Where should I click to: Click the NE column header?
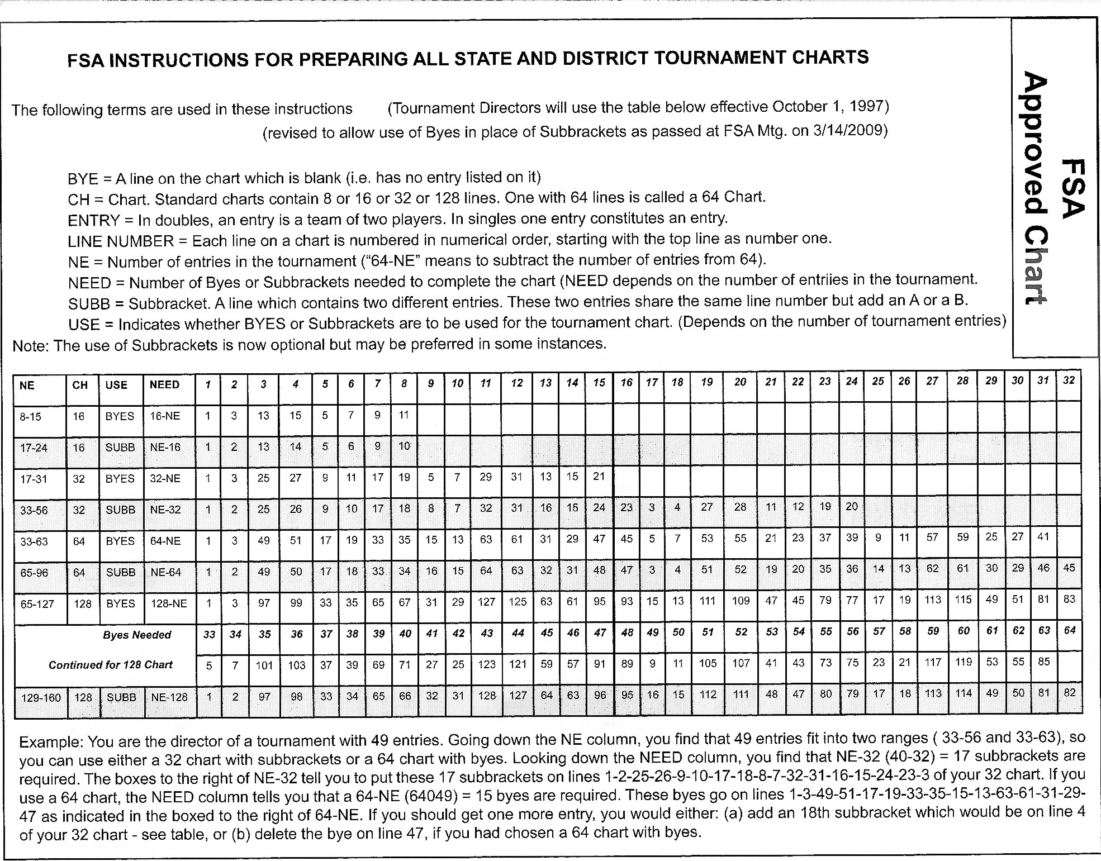(27, 386)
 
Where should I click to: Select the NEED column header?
(164, 385)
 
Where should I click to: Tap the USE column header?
(116, 385)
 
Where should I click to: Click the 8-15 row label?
(31, 417)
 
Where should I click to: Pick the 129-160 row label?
(41, 698)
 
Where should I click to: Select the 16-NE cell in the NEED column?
(165, 416)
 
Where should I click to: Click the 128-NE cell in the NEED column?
(168, 604)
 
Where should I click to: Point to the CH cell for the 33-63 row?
(79, 541)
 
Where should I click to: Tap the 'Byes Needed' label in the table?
(137, 635)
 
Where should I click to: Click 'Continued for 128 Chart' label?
(111, 665)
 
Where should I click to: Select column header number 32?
(1069, 380)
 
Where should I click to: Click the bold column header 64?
(1069, 631)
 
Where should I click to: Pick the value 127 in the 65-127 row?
(486, 602)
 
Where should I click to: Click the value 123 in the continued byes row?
(486, 664)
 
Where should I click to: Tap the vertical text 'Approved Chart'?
(1033, 190)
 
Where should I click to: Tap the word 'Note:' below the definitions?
(31, 346)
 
